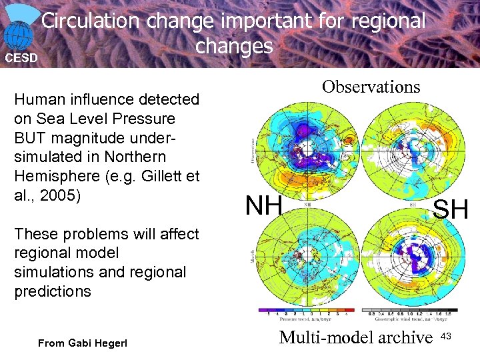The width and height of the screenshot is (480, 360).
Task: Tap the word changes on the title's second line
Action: (234, 46)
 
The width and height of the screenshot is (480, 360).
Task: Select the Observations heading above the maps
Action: (371, 87)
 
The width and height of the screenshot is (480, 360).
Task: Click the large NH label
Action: (263, 206)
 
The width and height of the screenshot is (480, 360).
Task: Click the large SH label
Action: (451, 211)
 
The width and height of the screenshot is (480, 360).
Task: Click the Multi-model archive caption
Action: (356, 338)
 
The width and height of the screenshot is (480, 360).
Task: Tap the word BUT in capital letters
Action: (31, 138)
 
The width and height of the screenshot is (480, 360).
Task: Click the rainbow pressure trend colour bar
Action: (303, 311)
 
